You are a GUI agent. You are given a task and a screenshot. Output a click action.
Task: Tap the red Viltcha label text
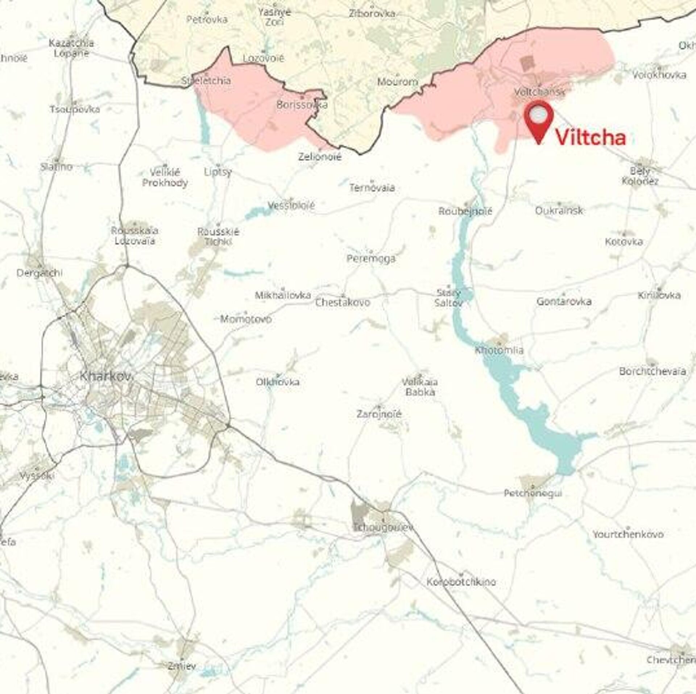591,138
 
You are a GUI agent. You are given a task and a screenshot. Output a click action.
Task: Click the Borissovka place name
302,105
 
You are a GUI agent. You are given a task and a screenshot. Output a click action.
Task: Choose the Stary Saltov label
448,298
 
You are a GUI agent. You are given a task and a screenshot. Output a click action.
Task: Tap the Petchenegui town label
533,493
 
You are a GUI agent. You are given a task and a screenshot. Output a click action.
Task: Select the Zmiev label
182,665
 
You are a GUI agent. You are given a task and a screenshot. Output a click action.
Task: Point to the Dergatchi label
40,273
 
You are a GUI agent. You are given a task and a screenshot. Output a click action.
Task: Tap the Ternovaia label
372,188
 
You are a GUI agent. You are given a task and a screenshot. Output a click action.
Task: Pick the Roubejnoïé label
465,211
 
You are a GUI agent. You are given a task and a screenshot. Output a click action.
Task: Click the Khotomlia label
499,350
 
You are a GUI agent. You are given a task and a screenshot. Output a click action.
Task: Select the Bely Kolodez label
640,176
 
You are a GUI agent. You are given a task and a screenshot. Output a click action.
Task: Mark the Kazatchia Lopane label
71,48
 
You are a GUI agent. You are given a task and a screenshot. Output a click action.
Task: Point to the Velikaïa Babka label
420,387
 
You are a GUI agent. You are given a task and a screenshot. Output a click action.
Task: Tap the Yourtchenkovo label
628,534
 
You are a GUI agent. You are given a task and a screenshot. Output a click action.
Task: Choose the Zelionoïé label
320,157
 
